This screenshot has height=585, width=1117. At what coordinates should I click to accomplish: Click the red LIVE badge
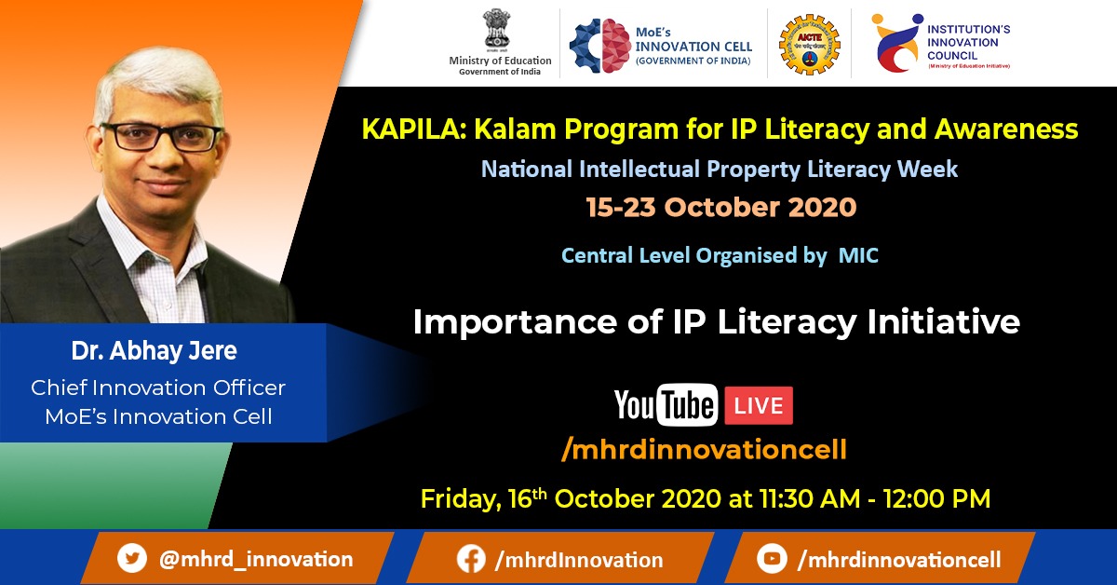[x=759, y=405]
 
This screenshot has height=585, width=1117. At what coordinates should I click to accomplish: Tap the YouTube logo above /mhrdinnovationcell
[x=666, y=405]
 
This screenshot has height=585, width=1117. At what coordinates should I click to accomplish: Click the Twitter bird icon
[x=132, y=558]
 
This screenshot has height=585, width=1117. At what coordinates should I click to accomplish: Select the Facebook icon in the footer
[x=471, y=559]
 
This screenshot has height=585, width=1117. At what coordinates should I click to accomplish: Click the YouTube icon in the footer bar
[x=772, y=558]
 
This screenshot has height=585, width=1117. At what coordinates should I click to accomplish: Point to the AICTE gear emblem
[x=809, y=45]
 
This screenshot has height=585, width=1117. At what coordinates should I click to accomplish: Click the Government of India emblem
[x=496, y=30]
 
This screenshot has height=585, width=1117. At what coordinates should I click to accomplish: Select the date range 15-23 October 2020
[x=721, y=207]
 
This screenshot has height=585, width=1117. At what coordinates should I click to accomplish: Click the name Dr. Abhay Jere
[x=155, y=350]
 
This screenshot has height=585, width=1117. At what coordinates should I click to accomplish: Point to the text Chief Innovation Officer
[x=158, y=388]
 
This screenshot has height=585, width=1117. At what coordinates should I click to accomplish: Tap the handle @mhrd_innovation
[x=256, y=559]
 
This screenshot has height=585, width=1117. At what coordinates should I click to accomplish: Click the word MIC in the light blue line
[x=858, y=255]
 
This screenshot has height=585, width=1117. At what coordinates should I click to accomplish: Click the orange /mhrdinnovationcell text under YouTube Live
[x=704, y=449]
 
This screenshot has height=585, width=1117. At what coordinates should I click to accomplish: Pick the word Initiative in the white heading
[x=944, y=321]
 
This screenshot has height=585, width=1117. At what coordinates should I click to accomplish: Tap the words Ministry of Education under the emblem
[x=500, y=61]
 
